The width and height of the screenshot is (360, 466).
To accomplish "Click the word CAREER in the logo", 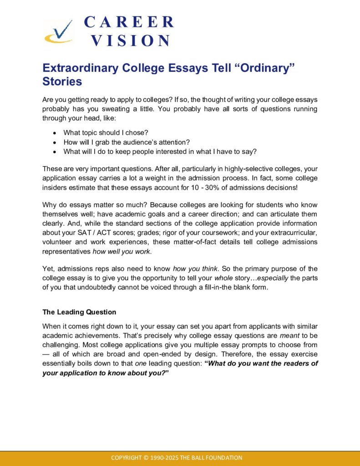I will (129, 22).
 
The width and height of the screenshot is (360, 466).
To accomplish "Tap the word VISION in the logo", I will (130, 41).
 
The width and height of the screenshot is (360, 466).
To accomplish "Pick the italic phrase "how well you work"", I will (121, 251).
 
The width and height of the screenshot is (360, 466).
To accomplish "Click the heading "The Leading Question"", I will (79, 312).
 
